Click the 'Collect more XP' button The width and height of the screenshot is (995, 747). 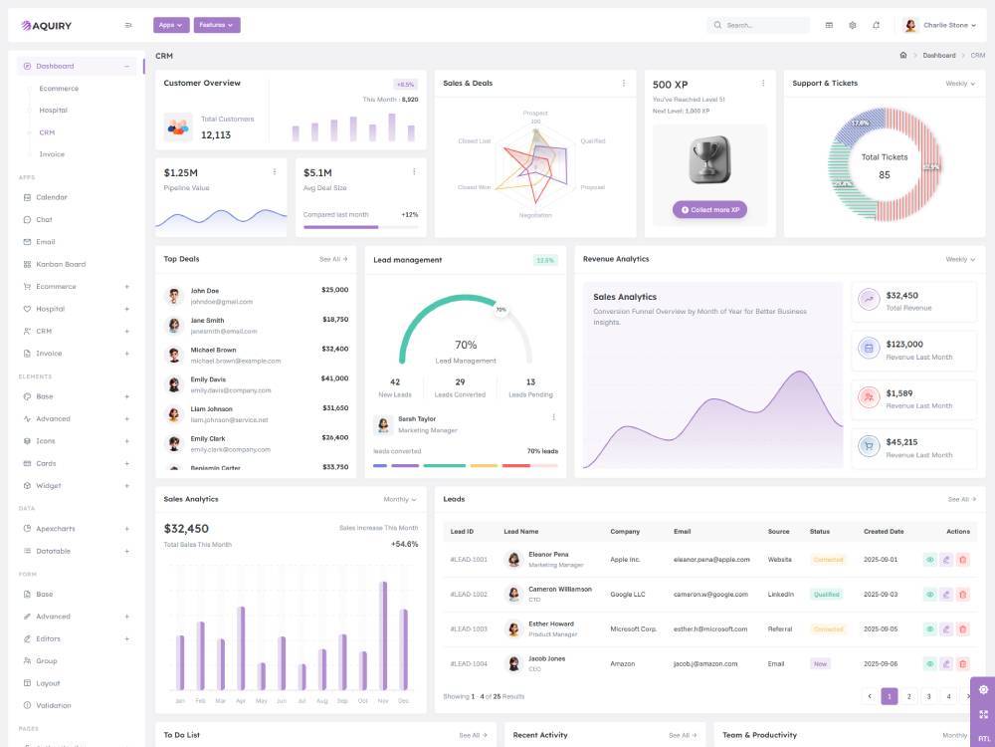[x=710, y=210]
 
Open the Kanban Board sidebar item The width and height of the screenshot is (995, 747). [x=61, y=264]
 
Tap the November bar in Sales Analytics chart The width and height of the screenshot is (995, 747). [x=383, y=635]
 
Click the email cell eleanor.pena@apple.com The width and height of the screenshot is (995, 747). [x=711, y=560]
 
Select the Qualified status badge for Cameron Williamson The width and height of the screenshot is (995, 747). [x=826, y=595]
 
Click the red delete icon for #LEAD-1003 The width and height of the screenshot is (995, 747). [x=962, y=629]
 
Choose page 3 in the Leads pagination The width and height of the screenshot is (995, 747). [x=928, y=696]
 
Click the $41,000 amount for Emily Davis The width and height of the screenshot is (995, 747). [x=334, y=378]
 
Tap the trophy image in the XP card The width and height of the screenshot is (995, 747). [x=709, y=159]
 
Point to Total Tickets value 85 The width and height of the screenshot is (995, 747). [x=884, y=175]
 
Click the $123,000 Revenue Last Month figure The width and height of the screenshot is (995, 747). [x=903, y=344]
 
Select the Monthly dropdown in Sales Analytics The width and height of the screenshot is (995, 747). [x=400, y=499]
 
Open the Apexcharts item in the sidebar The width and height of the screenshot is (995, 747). [x=56, y=529]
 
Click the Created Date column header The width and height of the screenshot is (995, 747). [x=884, y=532]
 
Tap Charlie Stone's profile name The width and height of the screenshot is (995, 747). [x=945, y=25]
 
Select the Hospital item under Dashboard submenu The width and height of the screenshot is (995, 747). [x=54, y=111]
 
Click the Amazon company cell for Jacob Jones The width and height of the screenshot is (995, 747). [x=623, y=663]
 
